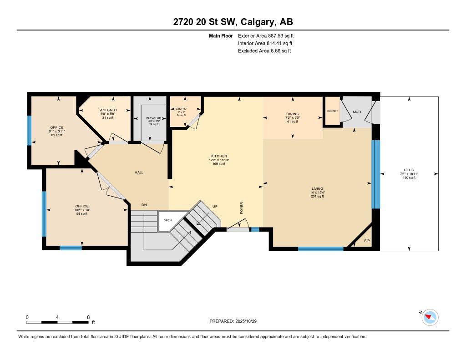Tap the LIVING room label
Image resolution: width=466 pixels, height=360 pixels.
point(317,188)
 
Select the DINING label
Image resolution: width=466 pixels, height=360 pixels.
point(292,114)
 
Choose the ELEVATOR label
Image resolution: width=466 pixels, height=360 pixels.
point(154,118)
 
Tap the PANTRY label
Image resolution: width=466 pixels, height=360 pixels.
point(181,109)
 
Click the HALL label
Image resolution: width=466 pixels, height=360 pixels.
point(139,172)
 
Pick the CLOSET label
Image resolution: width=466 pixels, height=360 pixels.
point(332,111)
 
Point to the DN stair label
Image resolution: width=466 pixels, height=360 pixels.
point(144,205)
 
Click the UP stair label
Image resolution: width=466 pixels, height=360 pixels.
point(215,206)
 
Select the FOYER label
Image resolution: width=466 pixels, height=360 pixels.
point(242,208)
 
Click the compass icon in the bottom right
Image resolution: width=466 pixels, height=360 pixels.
point(430,317)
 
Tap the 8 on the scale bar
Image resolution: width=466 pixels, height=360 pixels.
point(88,317)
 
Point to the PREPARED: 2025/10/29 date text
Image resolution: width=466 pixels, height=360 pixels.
point(236,321)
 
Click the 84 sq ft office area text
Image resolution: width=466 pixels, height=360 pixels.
point(82,213)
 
